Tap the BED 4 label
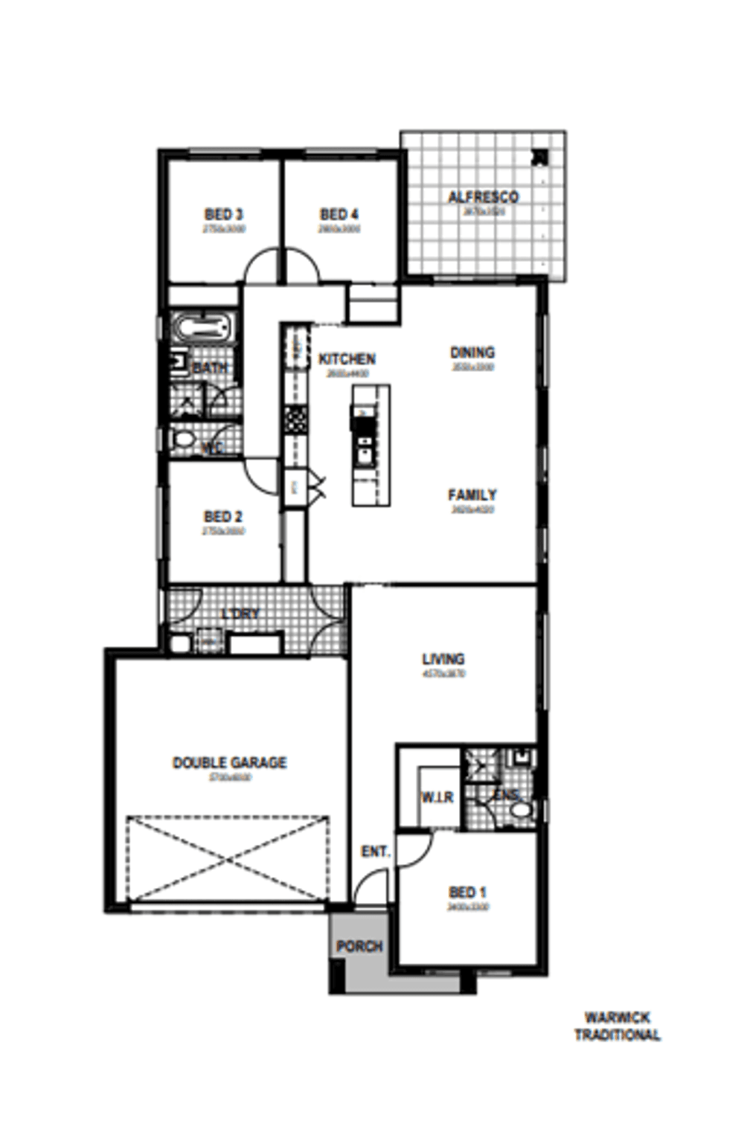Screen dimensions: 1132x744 coord(334,215)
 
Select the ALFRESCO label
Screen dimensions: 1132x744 coord(483,197)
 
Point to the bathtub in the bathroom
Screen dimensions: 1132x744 coord(202,328)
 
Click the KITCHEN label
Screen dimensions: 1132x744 coord(347,359)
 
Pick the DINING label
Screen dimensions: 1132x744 coord(472,353)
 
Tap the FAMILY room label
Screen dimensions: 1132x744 coord(472,495)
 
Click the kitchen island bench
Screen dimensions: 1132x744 coord(371,445)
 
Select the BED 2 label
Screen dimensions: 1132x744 coord(222,516)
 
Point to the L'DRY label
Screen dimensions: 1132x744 coord(241,614)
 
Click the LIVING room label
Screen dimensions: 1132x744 coord(443,659)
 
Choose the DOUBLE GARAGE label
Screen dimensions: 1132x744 coord(229,762)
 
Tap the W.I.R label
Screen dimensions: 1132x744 coord(437,797)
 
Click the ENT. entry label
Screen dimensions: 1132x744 coord(376,852)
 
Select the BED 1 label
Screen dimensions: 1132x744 coord(467,892)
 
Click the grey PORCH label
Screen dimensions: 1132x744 coord(359,947)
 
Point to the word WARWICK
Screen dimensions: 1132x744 coord(617,1017)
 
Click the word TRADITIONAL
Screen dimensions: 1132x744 coord(617,1035)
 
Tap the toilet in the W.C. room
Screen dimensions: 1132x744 coord(182,440)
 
